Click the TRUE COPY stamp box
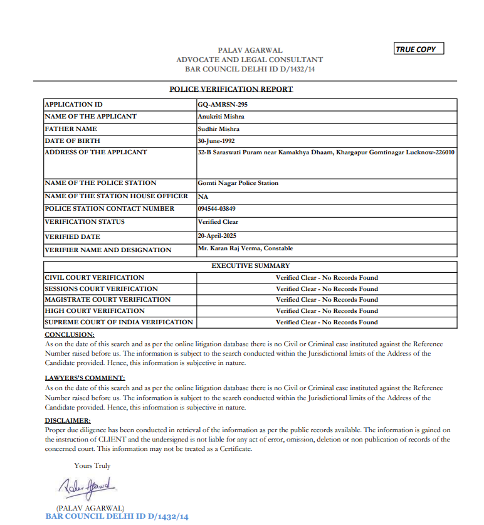tap(419, 49)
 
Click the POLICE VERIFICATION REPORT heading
tap(231, 89)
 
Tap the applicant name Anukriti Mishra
tap(221, 117)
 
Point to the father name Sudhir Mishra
tap(218, 129)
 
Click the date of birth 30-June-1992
tap(216, 141)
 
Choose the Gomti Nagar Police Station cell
tap(238, 183)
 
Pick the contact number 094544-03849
tap(217, 209)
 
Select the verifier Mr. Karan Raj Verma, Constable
tap(245, 248)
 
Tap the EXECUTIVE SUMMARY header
tap(250, 266)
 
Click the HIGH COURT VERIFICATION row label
tap(95, 311)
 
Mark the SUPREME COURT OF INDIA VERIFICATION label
tap(118, 322)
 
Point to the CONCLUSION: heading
tap(70, 335)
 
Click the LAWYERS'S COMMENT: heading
tap(85, 378)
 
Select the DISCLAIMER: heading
tap(68, 420)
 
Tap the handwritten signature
tap(86, 487)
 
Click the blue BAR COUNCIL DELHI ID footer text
tap(117, 517)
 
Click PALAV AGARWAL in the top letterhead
tap(250, 50)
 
